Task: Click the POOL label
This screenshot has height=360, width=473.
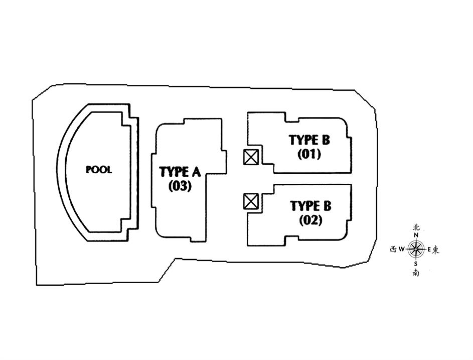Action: tap(99, 170)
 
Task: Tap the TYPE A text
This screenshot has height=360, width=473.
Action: tap(180, 172)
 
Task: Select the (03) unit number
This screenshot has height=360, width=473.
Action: tap(180, 186)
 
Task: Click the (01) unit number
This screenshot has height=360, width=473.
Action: tap(309, 154)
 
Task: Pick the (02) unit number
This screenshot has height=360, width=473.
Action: tap(310, 220)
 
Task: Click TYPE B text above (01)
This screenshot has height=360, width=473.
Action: tap(309, 140)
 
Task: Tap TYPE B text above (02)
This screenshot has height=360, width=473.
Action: tap(310, 206)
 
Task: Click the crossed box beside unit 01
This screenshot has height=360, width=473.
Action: tap(251, 157)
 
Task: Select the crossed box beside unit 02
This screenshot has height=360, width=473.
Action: tap(251, 202)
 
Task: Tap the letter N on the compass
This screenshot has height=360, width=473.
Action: tap(416, 235)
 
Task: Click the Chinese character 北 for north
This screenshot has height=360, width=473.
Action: tap(416, 227)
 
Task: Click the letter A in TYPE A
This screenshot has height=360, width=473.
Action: tap(195, 172)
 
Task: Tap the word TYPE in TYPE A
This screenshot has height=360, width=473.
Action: tap(173, 172)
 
